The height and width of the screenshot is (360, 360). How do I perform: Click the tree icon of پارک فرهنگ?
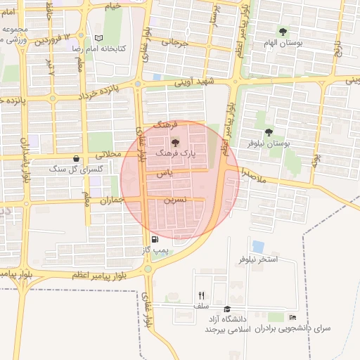pyautogui.click(x=176, y=143)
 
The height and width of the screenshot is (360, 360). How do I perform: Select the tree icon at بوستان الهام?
pyautogui.click(x=283, y=32)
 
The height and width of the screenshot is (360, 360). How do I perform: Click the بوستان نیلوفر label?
pyautogui.click(x=267, y=143)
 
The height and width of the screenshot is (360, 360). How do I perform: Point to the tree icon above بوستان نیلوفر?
pyautogui.click(x=268, y=132)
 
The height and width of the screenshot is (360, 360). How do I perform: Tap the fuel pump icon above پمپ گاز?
pyautogui.click(x=165, y=239)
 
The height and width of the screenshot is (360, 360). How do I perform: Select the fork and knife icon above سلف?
pyautogui.click(x=202, y=295)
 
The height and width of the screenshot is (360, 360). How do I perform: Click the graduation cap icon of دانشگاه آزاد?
pyautogui.click(x=227, y=309)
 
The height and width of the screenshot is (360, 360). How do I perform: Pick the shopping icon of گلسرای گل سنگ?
pyautogui.click(x=76, y=159)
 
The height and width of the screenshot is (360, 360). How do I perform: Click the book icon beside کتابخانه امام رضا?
pyautogui.click(x=98, y=38)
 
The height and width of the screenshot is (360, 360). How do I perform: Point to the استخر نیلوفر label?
pyautogui.click(x=259, y=259)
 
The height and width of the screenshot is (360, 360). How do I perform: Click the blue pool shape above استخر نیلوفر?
pyautogui.click(x=258, y=247)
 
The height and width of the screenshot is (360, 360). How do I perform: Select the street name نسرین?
pyautogui.click(x=175, y=200)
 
